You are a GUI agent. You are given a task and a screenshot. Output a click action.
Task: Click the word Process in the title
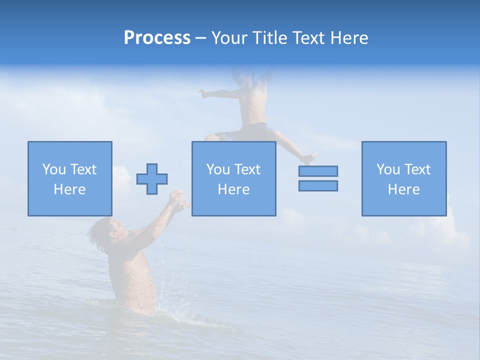(157, 38)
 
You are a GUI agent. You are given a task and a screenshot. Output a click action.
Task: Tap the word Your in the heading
(230, 38)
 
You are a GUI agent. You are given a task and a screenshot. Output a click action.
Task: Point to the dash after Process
(200, 38)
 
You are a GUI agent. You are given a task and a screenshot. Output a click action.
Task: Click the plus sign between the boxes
(152, 179)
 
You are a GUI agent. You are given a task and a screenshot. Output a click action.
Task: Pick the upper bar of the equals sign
(318, 171)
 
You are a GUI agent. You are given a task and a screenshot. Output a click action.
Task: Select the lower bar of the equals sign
(318, 185)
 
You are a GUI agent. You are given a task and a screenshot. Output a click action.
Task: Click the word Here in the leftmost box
(69, 189)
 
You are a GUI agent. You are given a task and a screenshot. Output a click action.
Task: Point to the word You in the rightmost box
(388, 169)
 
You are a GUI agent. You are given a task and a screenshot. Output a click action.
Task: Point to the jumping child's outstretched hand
(203, 92)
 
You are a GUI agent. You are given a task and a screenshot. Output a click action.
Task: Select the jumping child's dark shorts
(250, 132)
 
